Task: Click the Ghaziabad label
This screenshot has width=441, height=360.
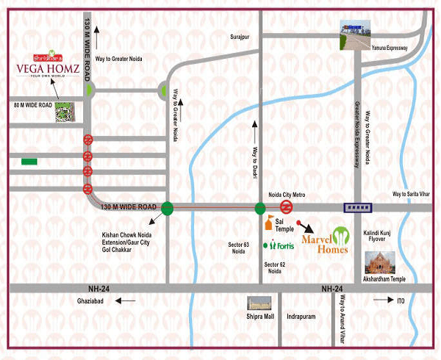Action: click(x=93, y=300)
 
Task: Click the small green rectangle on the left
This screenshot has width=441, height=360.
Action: click(x=30, y=162)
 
